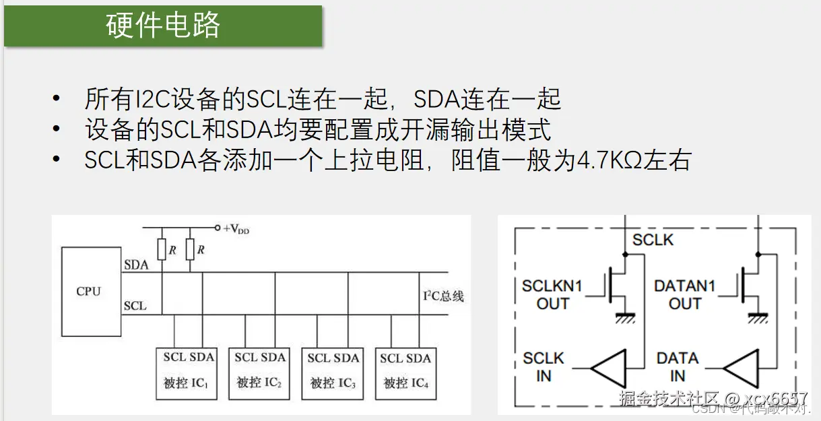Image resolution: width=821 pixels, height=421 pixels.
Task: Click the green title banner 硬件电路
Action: pos(163,26)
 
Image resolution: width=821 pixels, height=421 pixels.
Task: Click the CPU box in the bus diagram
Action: pos(88,291)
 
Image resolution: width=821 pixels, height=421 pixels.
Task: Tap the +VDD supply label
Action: pos(236,229)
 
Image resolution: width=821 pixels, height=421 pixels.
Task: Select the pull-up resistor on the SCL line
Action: pos(162,250)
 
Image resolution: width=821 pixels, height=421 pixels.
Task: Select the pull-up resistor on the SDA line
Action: pos(190,250)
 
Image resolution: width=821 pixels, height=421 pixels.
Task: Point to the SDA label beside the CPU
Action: pos(135,265)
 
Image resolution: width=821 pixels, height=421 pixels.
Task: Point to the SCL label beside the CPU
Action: pos(135,306)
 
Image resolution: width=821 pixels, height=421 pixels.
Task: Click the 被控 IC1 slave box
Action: pos(187,373)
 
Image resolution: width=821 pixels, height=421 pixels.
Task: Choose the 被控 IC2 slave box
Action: pos(259,373)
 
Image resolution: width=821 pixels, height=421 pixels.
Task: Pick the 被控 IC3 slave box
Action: pos(332,373)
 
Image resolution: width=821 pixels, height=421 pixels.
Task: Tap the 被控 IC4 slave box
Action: pos(405,373)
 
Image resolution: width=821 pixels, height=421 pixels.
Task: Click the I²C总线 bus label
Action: pos(442,296)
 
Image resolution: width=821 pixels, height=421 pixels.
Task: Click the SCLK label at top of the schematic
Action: pos(653,240)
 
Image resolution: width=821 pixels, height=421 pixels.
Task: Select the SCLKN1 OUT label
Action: pos(552,294)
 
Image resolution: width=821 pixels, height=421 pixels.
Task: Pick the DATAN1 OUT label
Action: pos(684,294)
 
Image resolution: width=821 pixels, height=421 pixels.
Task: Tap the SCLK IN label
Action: pos(544,367)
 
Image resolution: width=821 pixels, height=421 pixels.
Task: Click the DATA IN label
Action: pos(678,367)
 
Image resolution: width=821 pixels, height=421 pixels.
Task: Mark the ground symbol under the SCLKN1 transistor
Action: pos(625,317)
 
